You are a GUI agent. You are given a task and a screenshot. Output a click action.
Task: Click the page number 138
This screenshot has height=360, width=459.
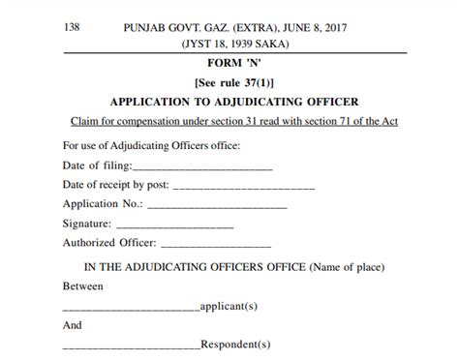pos(73,28)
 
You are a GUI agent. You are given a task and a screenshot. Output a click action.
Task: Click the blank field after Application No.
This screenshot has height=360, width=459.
pos(217,206)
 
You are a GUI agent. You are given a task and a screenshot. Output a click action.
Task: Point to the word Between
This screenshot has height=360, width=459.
pos(82,287)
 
